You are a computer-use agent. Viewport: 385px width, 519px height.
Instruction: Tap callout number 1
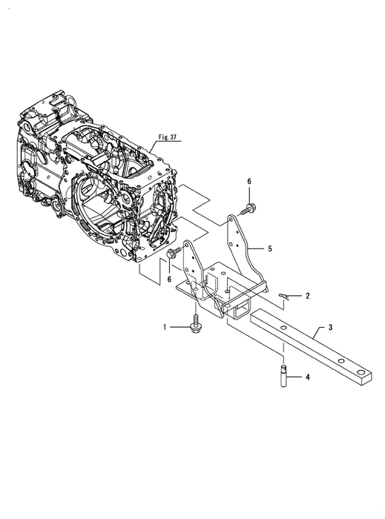click(x=165, y=328)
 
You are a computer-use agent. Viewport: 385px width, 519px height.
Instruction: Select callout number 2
click(x=308, y=296)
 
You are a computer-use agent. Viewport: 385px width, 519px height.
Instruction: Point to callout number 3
click(x=330, y=328)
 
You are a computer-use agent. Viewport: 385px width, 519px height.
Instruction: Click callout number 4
click(x=308, y=377)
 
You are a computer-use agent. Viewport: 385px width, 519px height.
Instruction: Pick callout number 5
click(x=270, y=248)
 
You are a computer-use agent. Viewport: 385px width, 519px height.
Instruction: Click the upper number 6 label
click(x=249, y=182)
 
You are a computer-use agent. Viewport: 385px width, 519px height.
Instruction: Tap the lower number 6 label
click(x=169, y=280)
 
